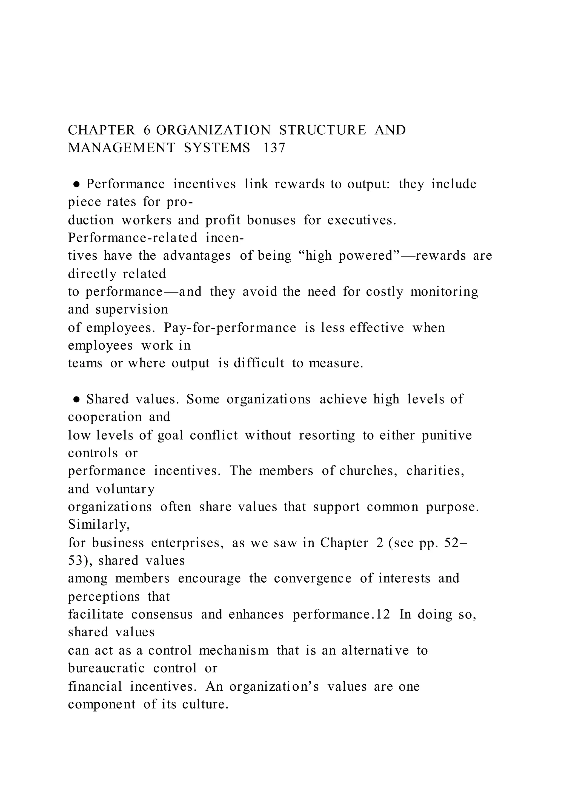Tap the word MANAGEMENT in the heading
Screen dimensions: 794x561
click(122, 148)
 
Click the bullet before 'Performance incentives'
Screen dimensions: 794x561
click(77, 184)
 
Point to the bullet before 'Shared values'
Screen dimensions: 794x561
click(77, 399)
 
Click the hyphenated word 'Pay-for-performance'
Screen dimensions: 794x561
click(230, 327)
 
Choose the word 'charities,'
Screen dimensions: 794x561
click(435, 471)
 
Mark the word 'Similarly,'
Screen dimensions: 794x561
click(99, 524)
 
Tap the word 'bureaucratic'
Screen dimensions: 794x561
click(106, 668)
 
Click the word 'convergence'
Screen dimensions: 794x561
click(313, 578)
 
